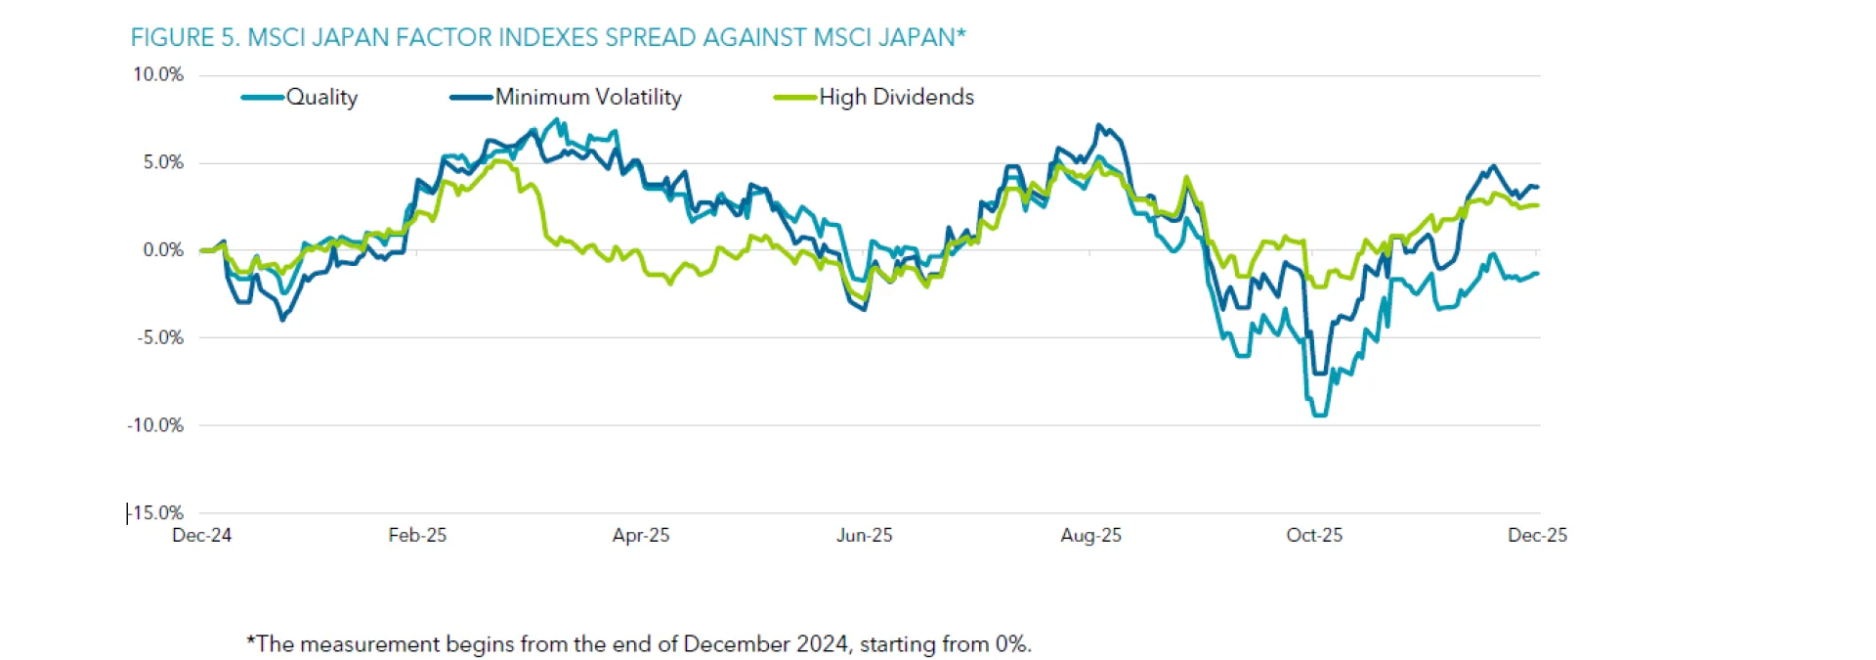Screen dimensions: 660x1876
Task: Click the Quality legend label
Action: (x=321, y=97)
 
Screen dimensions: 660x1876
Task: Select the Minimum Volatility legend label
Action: (x=587, y=97)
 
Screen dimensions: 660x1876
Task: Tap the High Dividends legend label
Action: (x=896, y=97)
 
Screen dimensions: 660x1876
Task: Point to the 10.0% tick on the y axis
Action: (x=158, y=74)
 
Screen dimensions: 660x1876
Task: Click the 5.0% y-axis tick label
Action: (x=163, y=162)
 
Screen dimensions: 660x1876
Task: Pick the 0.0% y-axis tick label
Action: (x=163, y=250)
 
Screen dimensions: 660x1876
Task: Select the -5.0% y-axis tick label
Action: (x=160, y=337)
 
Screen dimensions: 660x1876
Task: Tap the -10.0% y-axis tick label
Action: (x=155, y=425)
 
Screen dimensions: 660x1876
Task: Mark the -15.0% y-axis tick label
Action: (x=156, y=512)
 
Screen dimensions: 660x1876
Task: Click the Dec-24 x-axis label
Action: (x=201, y=536)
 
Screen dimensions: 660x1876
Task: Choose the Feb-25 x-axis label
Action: (x=417, y=536)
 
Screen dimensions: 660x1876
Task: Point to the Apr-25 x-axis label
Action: (x=641, y=536)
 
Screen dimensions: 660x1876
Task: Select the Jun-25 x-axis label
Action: (x=865, y=536)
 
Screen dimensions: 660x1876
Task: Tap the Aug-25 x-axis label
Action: (x=1090, y=536)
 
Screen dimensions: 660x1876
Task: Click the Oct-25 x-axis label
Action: (x=1314, y=536)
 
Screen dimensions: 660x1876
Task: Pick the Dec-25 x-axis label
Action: (x=1537, y=536)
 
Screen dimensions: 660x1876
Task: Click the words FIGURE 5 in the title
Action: (x=185, y=37)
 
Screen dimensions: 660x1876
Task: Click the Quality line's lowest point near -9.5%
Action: (x=1318, y=416)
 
